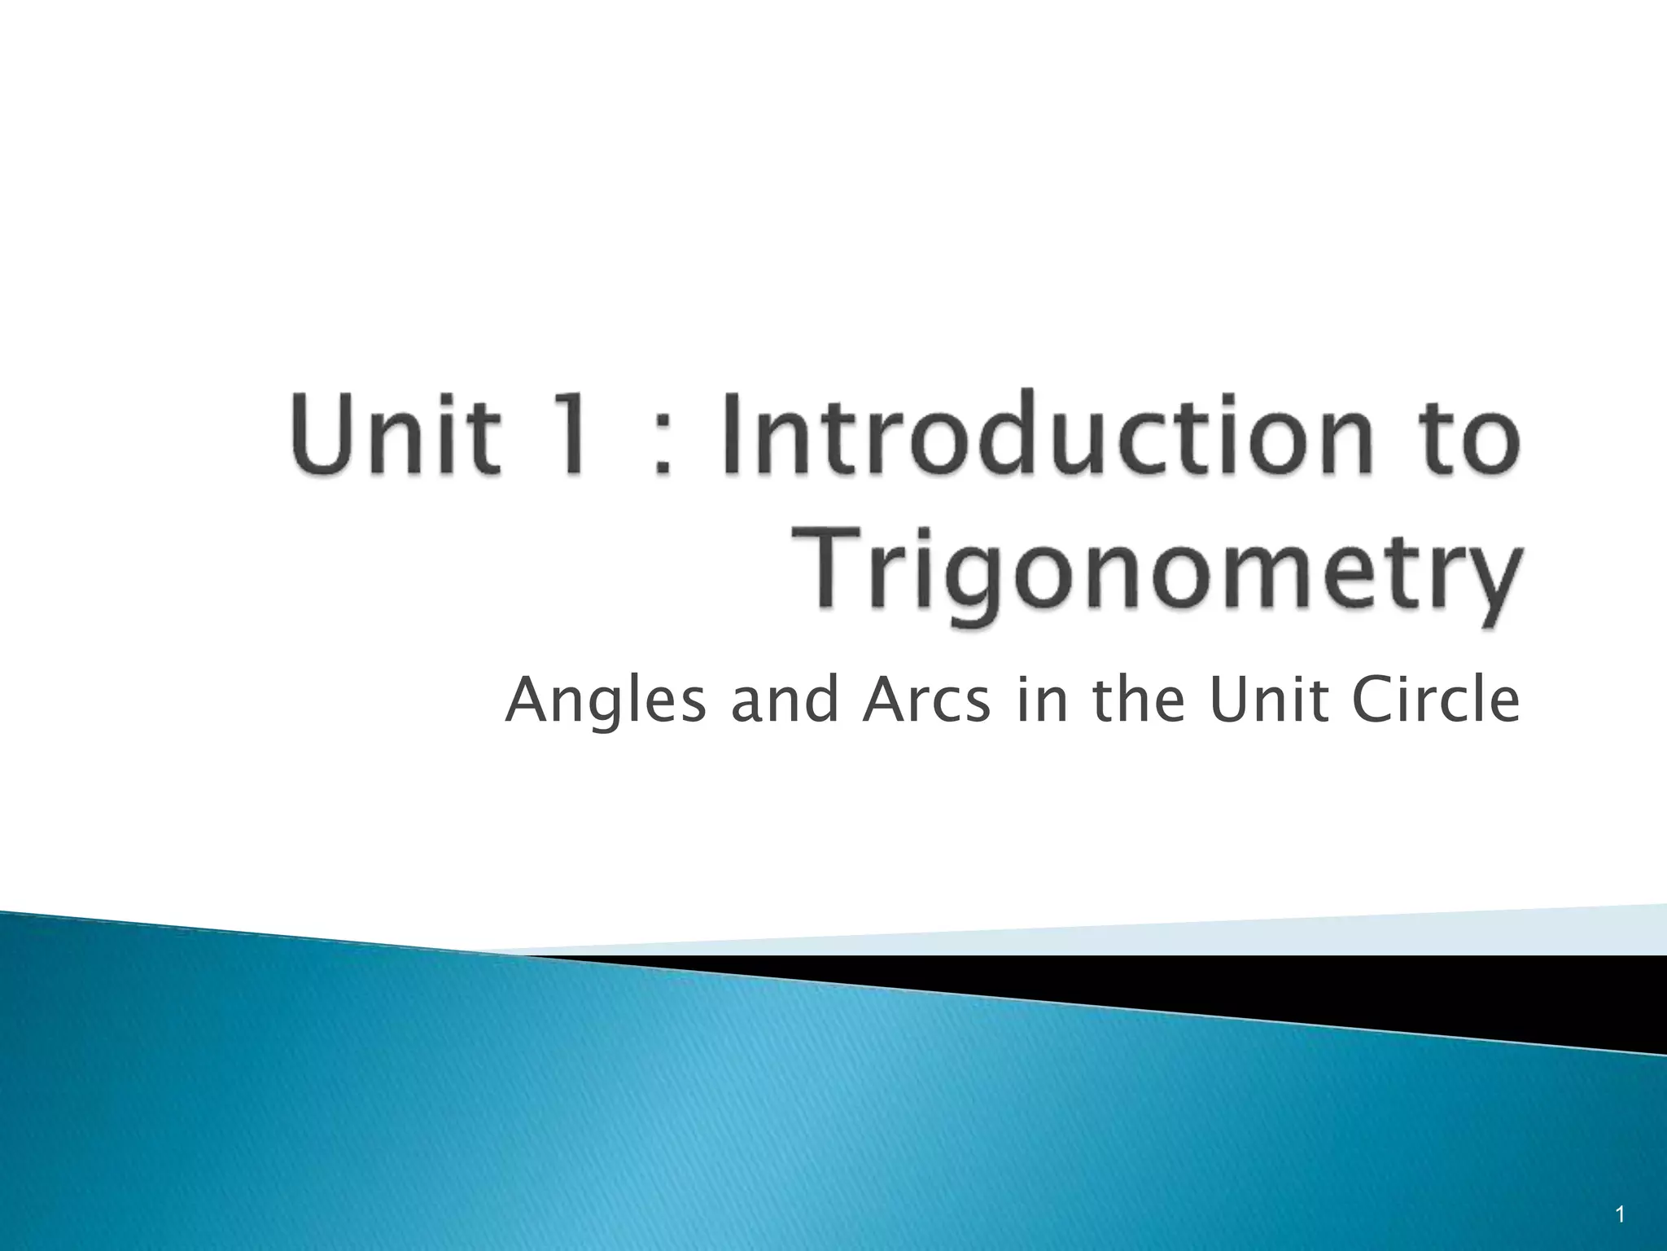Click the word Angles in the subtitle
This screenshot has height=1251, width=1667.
pyautogui.click(x=606, y=702)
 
